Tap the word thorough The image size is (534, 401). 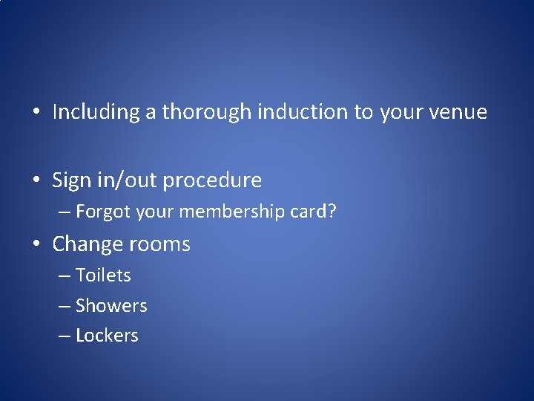(207, 112)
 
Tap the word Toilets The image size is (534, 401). (103, 276)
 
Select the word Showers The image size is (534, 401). (111, 306)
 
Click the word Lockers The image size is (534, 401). (107, 336)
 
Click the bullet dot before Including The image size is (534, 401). (36, 113)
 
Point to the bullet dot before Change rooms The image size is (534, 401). (36, 245)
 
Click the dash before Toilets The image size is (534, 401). (65, 276)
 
